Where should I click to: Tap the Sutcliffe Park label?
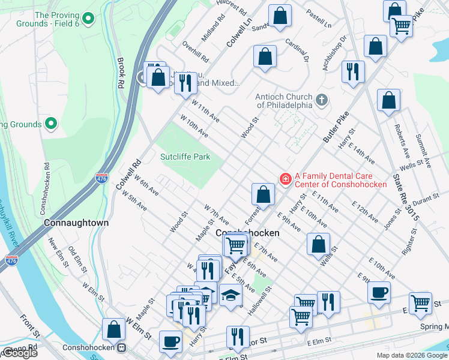(x=185, y=157)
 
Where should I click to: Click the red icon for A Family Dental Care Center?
(x=286, y=178)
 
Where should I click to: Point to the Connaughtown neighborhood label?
(x=77, y=223)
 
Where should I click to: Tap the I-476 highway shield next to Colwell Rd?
(x=101, y=178)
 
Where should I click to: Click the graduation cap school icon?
(x=231, y=295)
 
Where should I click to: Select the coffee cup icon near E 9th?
(x=379, y=292)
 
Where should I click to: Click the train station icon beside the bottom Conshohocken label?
(x=122, y=347)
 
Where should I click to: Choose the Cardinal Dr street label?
(x=297, y=52)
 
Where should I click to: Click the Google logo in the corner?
(x=20, y=353)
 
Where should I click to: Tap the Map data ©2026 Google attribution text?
(x=411, y=355)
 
